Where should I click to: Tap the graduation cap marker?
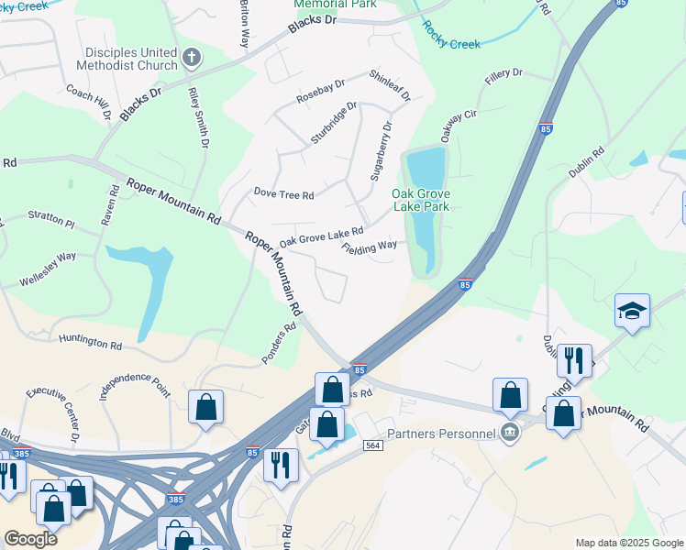pyautogui.click(x=632, y=313)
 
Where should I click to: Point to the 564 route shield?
pyautogui.click(x=372, y=445)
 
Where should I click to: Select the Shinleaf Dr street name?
pyautogui.click(x=390, y=84)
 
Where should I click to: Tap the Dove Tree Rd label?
pyautogui.click(x=283, y=194)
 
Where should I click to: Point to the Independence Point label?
pyautogui.click(x=135, y=383)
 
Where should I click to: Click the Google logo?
pyautogui.click(x=30, y=539)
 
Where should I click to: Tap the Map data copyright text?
pyautogui.click(x=628, y=543)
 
